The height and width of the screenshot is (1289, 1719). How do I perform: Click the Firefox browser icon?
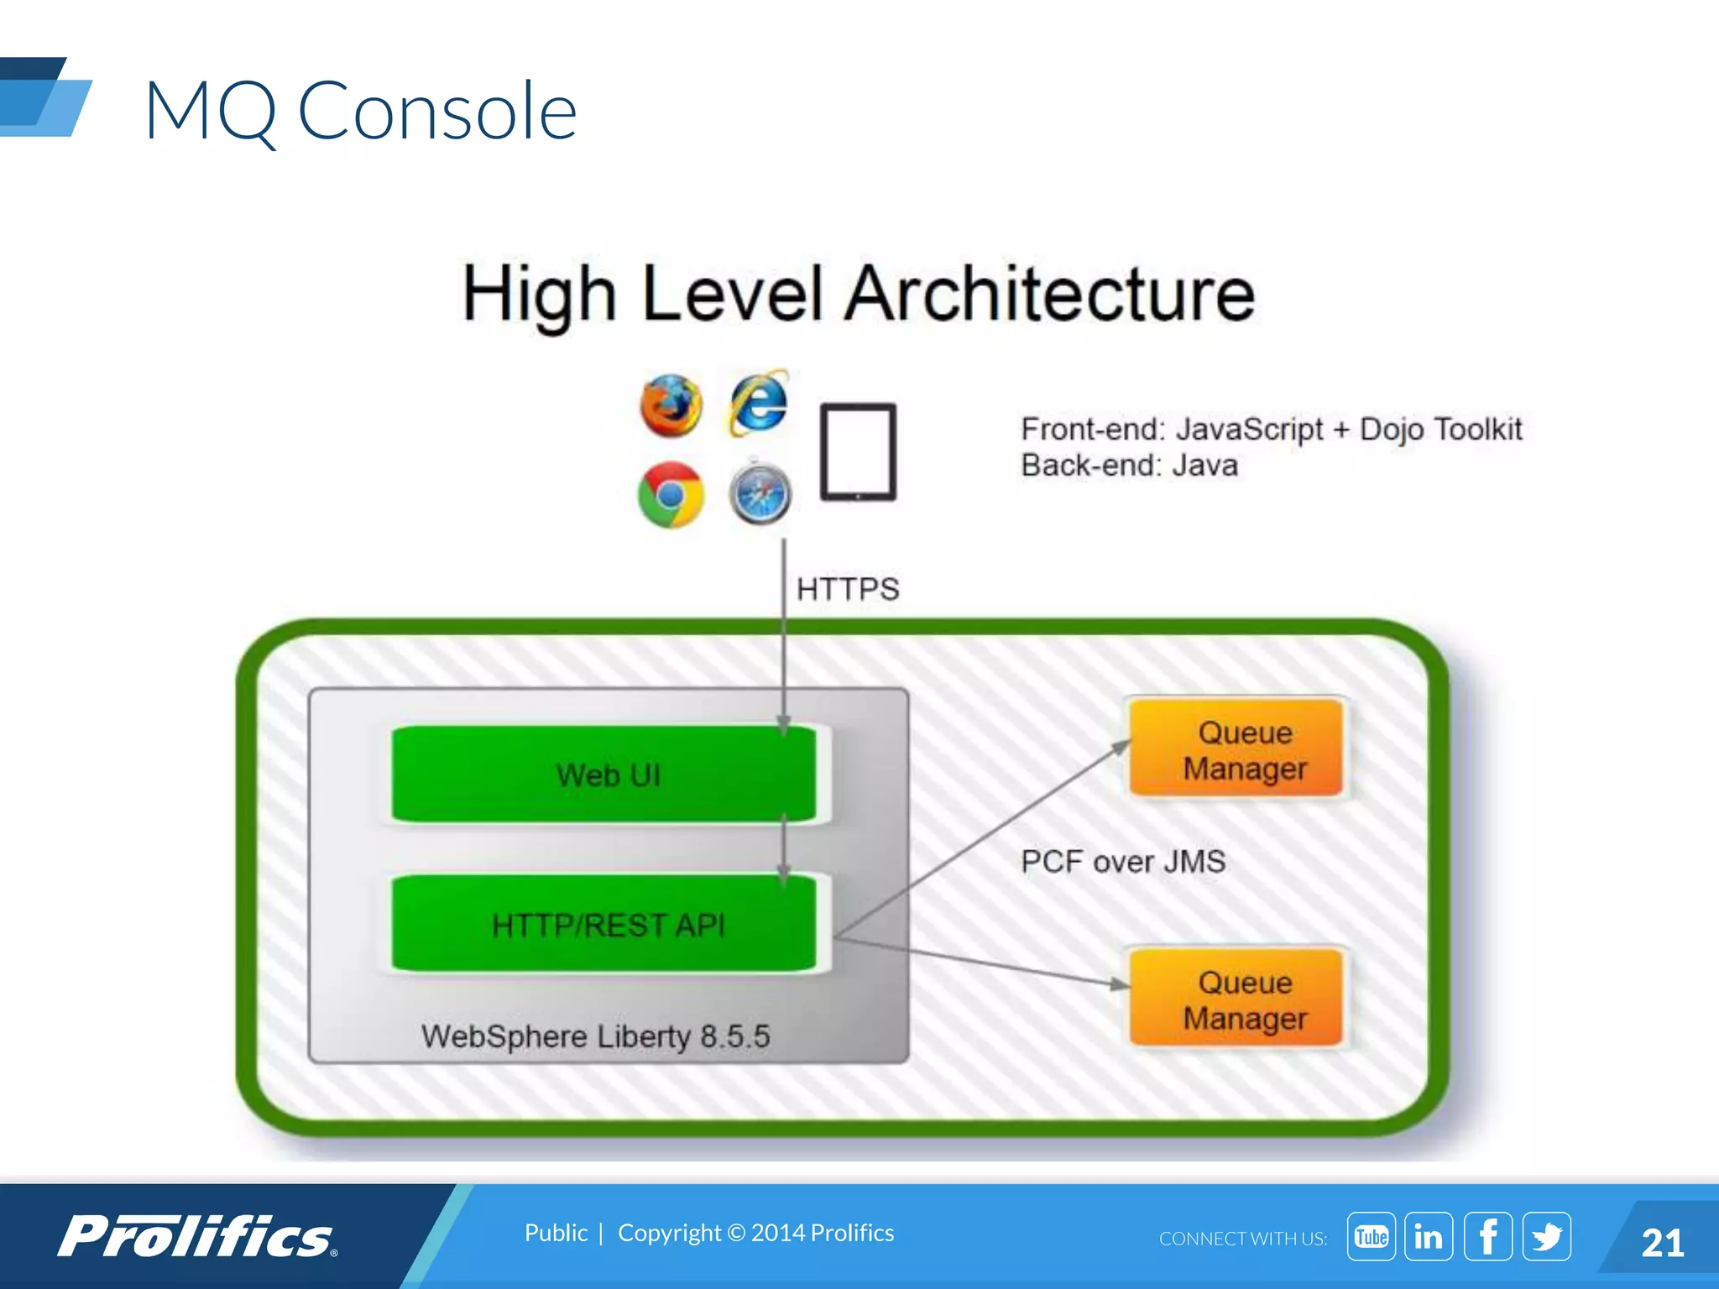point(671,406)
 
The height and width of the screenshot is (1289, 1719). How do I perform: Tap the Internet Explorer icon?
point(759,404)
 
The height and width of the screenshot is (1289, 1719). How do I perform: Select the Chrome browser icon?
point(671,494)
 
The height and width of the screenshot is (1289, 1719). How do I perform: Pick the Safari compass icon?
point(760,493)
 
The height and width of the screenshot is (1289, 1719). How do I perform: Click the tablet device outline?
point(858,451)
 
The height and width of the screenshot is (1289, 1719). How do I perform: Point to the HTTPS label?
point(848,589)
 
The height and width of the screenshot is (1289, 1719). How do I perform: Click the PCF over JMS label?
point(1123,862)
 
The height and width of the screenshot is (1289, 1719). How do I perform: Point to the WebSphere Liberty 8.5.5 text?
point(595,1036)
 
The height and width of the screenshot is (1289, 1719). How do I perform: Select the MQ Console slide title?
point(361,111)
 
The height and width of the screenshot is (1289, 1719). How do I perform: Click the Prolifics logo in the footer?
point(197,1236)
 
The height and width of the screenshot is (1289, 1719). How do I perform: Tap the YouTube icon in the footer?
point(1371,1236)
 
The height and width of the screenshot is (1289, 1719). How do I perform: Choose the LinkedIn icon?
point(1429,1236)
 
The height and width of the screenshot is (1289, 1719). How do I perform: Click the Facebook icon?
point(1487,1236)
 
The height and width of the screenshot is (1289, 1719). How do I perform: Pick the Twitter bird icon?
point(1546,1236)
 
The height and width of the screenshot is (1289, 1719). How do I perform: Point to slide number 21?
point(1662,1243)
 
